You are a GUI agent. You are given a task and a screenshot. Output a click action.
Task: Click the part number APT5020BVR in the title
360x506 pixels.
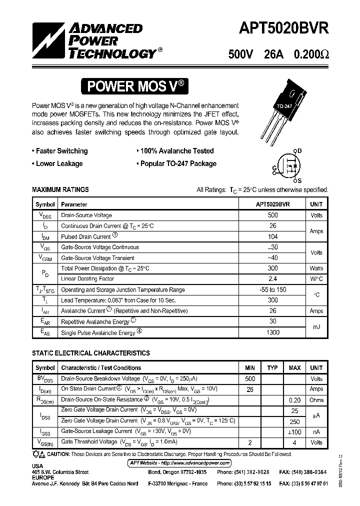pyautogui.click(x=277, y=29)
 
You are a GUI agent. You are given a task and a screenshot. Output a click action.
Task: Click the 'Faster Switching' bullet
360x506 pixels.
pyautogui.click(x=59, y=151)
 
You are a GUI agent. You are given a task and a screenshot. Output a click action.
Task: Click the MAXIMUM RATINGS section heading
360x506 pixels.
pyautogui.click(x=60, y=189)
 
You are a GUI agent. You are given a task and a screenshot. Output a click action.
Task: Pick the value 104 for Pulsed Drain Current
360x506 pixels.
pyautogui.click(x=273, y=236)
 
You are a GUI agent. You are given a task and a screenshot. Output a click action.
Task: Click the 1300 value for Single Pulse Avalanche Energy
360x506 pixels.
pyautogui.click(x=273, y=332)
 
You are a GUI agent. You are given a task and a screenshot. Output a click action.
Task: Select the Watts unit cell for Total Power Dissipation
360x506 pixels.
pyautogui.click(x=316, y=268)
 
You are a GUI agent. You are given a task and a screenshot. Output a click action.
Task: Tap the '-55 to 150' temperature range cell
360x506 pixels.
pyautogui.click(x=273, y=289)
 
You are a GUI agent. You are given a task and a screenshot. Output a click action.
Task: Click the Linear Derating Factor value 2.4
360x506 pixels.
pyautogui.click(x=273, y=279)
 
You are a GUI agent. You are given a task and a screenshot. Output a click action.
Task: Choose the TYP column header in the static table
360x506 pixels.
pyautogui.click(x=272, y=368)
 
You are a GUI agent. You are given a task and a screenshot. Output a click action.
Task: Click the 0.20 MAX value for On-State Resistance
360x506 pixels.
pyautogui.click(x=294, y=400)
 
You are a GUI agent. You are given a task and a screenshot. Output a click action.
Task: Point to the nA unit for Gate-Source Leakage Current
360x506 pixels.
pyautogui.click(x=316, y=431)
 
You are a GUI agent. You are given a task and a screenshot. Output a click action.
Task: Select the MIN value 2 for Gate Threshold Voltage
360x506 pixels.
pyautogui.click(x=250, y=442)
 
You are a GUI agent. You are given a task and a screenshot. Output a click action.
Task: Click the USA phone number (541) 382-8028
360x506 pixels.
pyautogui.click(x=250, y=472)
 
